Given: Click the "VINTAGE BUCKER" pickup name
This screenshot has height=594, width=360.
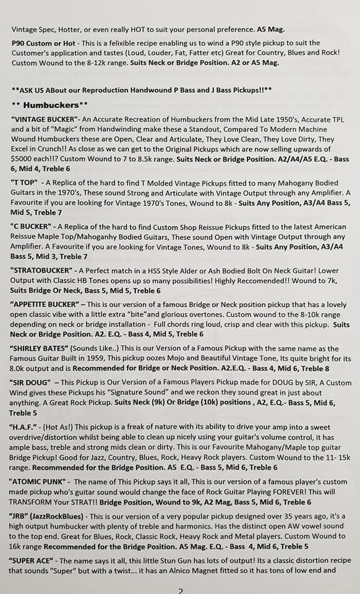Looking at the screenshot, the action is pyautogui.click(x=50, y=118).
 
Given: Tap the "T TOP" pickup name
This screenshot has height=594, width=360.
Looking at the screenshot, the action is pyautogui.click(x=26, y=184).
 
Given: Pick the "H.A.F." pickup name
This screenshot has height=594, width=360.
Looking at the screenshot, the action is pyautogui.click(x=26, y=427).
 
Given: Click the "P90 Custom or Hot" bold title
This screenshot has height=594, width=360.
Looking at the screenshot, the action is pyautogui.click(x=41, y=43).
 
